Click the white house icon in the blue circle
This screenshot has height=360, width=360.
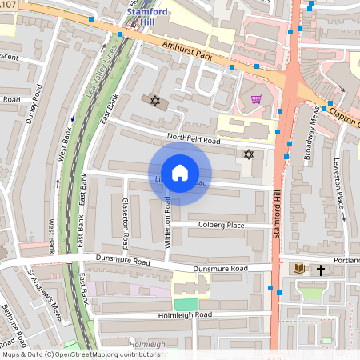[180, 173]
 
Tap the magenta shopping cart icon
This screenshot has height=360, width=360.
[256, 100]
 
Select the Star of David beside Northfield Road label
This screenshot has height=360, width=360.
[248, 154]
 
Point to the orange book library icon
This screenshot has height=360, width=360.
[299, 270]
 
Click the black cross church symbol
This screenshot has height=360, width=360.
[322, 270]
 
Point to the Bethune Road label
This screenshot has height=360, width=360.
[15, 323]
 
